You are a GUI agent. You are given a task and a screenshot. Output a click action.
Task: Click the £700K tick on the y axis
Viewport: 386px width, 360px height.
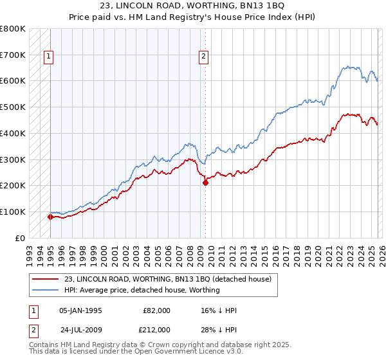(x=13, y=55)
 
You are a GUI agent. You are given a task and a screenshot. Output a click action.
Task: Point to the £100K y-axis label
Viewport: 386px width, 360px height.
(x=13, y=212)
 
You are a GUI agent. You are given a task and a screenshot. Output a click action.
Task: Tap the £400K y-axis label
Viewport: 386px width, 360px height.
(x=13, y=133)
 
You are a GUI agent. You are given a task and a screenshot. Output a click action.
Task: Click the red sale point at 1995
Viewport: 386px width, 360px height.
(x=50, y=217)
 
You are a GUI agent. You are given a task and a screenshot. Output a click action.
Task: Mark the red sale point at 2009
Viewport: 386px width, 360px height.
(x=206, y=183)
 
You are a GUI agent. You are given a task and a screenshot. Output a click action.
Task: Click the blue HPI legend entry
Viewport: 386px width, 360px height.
(x=142, y=290)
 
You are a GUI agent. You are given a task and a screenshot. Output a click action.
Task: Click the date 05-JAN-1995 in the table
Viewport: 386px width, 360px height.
(x=80, y=310)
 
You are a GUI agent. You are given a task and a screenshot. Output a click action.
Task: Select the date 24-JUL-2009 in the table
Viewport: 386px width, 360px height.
(x=80, y=330)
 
